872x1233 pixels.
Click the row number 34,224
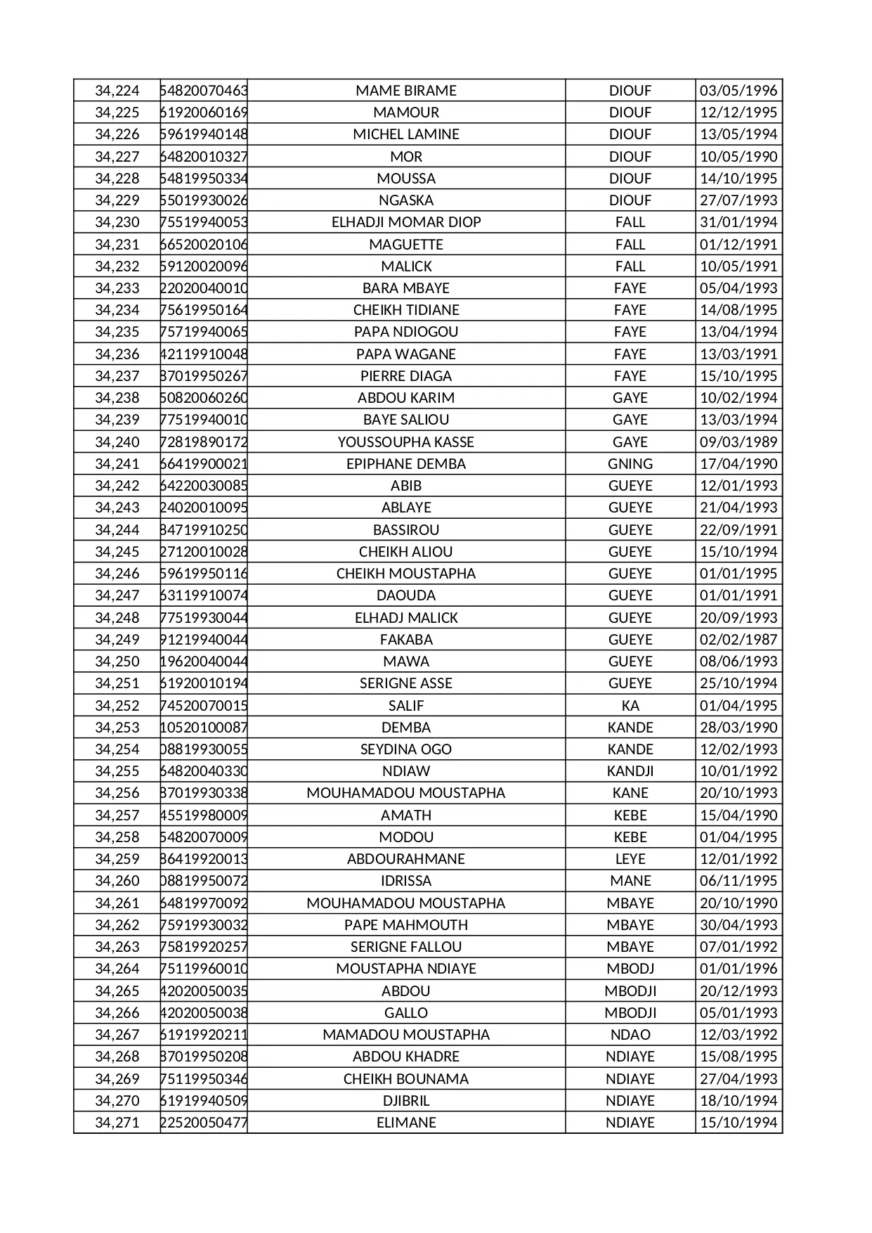(x=117, y=91)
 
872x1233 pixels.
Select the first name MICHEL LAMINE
(x=406, y=134)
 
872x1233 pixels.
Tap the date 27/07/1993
(x=738, y=200)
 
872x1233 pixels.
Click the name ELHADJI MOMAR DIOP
(x=406, y=222)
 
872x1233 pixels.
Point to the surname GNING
(x=630, y=464)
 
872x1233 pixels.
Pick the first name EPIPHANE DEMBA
(x=406, y=464)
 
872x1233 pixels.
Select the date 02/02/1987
(x=738, y=640)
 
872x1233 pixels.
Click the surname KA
(x=630, y=706)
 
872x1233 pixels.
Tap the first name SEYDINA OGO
(x=406, y=749)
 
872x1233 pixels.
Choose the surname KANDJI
(x=630, y=771)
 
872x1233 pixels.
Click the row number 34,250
(x=117, y=661)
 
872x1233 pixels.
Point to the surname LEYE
(x=630, y=859)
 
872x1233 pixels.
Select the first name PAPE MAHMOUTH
(x=406, y=925)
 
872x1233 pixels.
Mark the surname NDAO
(x=630, y=1035)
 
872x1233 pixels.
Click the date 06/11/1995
(x=738, y=881)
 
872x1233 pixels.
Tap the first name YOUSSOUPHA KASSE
(x=406, y=442)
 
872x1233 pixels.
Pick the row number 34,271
(x=117, y=1123)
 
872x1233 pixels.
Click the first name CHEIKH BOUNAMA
(x=406, y=1079)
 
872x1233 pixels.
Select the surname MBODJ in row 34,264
(x=630, y=969)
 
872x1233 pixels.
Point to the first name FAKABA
(x=406, y=640)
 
